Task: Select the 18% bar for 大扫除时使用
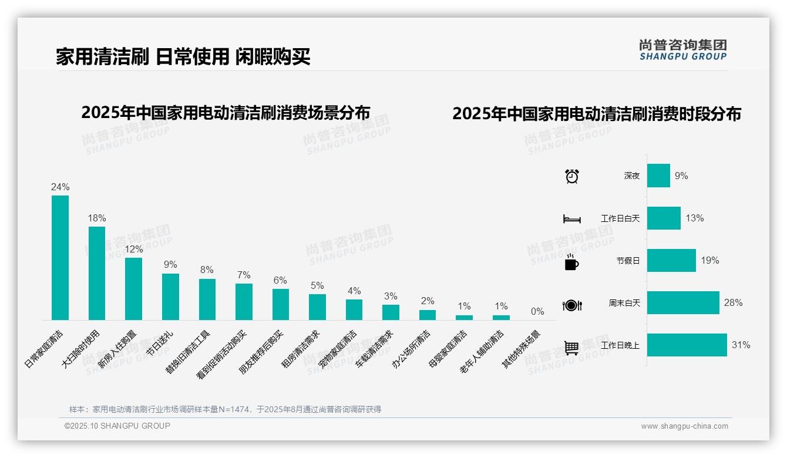(x=97, y=273)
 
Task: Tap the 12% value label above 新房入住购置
(x=134, y=249)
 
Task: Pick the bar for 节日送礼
(x=170, y=297)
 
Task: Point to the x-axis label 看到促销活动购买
(x=223, y=354)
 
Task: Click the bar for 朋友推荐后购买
(x=281, y=304)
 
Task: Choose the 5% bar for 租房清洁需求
(x=317, y=307)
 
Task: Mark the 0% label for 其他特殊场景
(x=537, y=312)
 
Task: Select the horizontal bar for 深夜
(x=658, y=176)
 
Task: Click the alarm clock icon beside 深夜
(x=571, y=176)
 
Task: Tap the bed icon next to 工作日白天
(x=571, y=219)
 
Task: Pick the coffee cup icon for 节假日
(x=571, y=262)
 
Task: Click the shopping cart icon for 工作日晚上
(x=571, y=348)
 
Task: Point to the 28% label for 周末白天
(x=733, y=303)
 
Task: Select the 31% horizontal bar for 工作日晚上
(x=687, y=345)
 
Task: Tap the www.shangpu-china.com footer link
(x=684, y=426)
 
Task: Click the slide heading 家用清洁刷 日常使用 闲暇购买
(x=183, y=56)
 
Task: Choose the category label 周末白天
(x=624, y=304)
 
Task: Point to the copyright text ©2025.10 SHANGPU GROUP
(x=117, y=426)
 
